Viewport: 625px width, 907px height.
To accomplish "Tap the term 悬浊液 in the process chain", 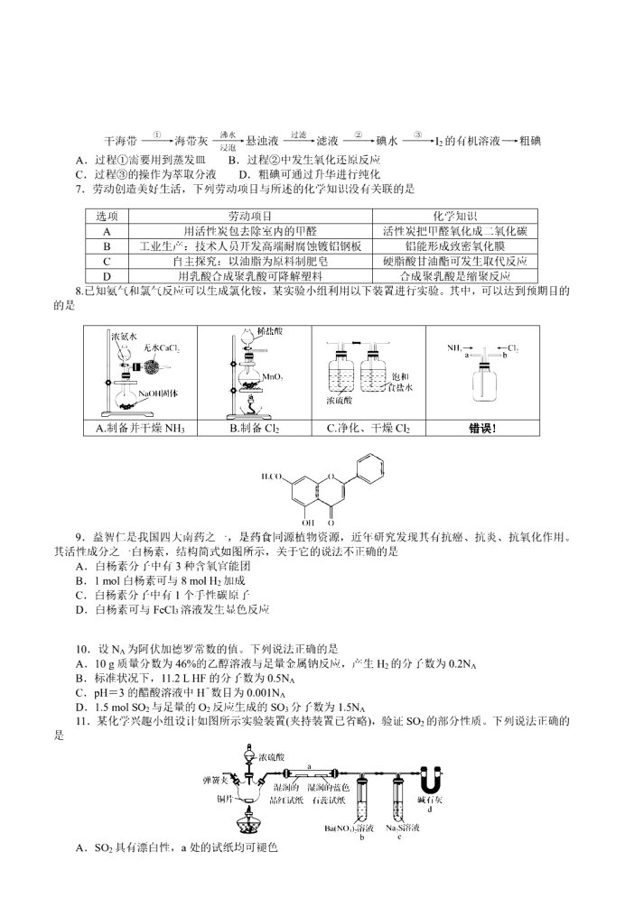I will [x=263, y=142].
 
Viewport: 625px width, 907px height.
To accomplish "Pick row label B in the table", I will [x=107, y=246].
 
